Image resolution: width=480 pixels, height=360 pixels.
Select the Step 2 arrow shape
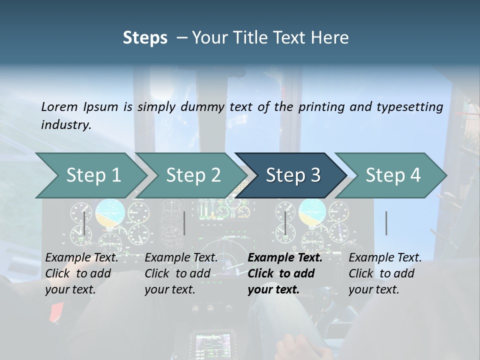coord(192,175)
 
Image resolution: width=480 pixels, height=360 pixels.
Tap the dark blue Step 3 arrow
coord(292,175)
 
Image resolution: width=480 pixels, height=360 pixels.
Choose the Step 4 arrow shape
coord(392,175)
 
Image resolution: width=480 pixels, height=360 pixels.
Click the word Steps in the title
coord(145,37)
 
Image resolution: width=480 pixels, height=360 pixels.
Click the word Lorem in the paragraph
coord(59,106)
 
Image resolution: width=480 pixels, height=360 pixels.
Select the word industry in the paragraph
coord(65,125)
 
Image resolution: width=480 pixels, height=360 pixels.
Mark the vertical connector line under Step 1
coord(84,223)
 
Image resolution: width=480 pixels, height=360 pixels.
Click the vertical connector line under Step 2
coord(184,223)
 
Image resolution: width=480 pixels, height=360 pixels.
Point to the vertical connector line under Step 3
coord(285,223)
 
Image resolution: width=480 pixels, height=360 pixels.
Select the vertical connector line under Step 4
coord(386,223)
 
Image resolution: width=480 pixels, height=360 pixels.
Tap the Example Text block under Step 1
coord(81,273)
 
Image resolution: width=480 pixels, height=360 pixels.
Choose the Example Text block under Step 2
coord(180,273)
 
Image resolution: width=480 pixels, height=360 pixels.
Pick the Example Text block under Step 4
coord(384,273)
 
